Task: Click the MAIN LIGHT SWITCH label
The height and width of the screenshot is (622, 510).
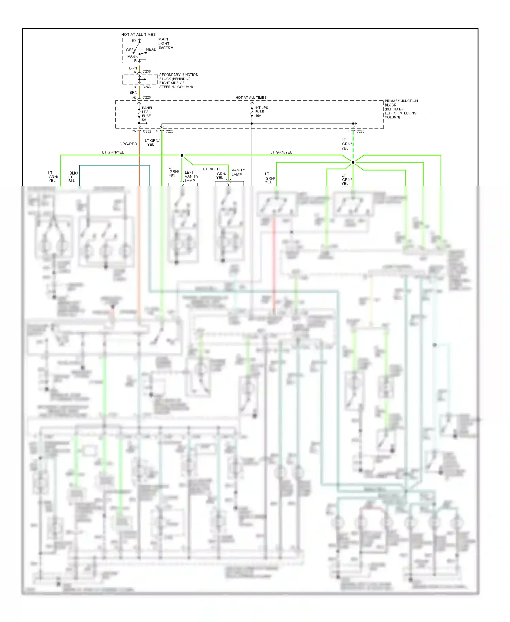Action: pyautogui.click(x=166, y=44)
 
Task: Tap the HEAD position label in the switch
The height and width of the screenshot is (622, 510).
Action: pyautogui.click(x=151, y=49)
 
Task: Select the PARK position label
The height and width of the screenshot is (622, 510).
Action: pyautogui.click(x=133, y=56)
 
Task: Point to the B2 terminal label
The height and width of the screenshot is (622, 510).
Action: pyautogui.click(x=134, y=40)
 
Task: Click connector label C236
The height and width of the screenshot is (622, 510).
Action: pyautogui.click(x=147, y=72)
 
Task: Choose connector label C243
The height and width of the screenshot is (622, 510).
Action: pyautogui.click(x=147, y=87)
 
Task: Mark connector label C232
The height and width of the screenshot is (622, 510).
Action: pyautogui.click(x=147, y=131)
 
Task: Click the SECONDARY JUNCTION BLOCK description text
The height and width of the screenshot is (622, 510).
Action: pyautogui.click(x=178, y=81)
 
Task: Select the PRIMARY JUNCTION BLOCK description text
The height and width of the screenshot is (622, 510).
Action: pyautogui.click(x=401, y=109)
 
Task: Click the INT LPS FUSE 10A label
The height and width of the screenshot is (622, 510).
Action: pyautogui.click(x=261, y=112)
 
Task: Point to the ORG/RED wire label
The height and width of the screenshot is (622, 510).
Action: pyautogui.click(x=128, y=144)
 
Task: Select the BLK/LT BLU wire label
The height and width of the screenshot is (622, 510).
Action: pyautogui.click(x=73, y=177)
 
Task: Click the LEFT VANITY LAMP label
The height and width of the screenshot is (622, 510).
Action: pyautogui.click(x=191, y=176)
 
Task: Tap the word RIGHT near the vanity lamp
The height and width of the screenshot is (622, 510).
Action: pyautogui.click(x=215, y=169)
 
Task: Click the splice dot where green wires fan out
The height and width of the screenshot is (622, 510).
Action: pyautogui.click(x=353, y=162)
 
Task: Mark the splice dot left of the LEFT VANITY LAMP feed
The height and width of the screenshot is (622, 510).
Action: pyautogui.click(x=182, y=155)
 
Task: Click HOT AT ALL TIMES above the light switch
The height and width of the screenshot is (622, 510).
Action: pyautogui.click(x=138, y=34)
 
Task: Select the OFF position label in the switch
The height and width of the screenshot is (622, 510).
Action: pyautogui.click(x=130, y=50)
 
